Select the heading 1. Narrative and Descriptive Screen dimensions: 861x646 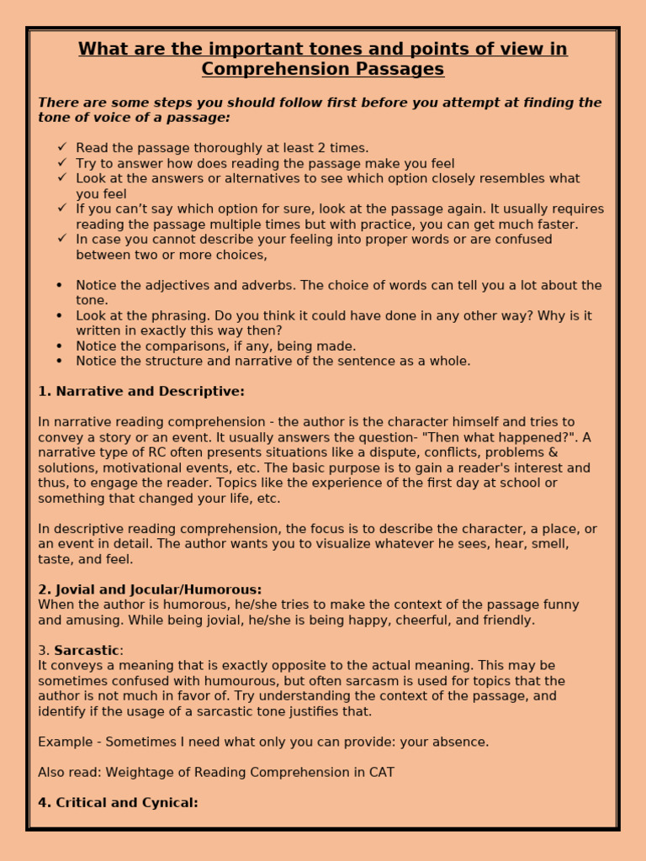(141, 392)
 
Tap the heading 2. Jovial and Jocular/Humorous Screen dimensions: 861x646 (150, 590)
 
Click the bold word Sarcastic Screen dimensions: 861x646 (87, 651)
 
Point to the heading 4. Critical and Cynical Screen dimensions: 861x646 (118, 803)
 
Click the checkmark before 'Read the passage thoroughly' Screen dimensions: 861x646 (61, 148)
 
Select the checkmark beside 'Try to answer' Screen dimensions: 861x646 (61, 163)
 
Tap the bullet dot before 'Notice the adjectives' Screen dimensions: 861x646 (59, 286)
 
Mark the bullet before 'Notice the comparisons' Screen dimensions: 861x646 (59, 346)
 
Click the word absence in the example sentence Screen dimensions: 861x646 (458, 742)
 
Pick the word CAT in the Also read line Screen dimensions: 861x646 (380, 773)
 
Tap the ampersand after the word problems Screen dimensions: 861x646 (553, 453)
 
